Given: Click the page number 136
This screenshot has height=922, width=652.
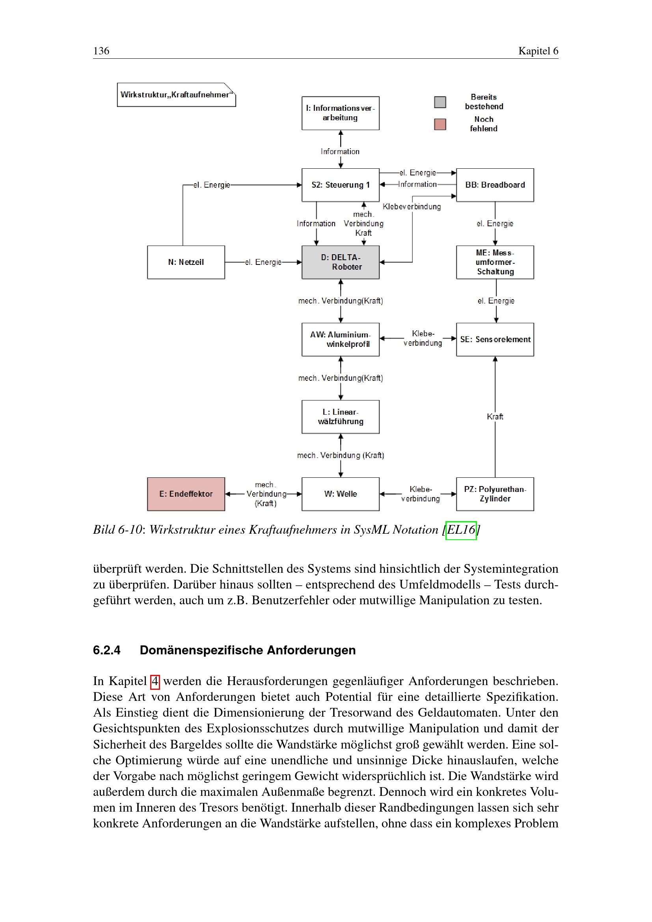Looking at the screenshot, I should click(x=101, y=51).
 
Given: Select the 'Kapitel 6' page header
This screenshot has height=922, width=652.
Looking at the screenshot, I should click(x=538, y=51).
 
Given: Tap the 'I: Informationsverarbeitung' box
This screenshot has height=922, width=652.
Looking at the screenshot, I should click(x=341, y=113).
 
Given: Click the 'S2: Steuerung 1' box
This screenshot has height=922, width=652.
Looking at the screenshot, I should click(x=341, y=185).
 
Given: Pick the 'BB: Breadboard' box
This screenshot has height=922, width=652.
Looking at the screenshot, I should click(x=495, y=185).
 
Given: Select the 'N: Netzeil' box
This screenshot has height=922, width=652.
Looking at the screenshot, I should click(x=186, y=262).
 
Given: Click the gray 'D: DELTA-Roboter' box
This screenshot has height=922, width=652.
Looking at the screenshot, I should click(x=341, y=262).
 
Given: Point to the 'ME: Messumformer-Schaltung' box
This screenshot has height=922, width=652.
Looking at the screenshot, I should click(x=495, y=262).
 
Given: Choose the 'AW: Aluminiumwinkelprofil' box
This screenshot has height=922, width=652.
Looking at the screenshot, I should click(x=341, y=339).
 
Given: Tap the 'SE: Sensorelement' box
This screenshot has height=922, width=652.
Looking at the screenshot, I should click(x=495, y=339).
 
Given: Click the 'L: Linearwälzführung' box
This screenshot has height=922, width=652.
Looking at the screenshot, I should click(x=341, y=417).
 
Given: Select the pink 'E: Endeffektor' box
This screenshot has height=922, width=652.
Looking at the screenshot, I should click(x=186, y=494).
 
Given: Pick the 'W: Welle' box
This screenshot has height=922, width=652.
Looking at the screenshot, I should click(x=341, y=494).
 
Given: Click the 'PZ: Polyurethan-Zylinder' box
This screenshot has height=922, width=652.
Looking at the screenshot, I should click(x=495, y=494).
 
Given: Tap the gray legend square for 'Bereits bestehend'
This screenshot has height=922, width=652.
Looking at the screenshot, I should click(x=440, y=102).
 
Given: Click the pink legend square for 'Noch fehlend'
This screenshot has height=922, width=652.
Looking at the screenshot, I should click(x=440, y=125).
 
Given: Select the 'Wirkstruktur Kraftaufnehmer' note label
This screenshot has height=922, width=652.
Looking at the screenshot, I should click(x=176, y=95).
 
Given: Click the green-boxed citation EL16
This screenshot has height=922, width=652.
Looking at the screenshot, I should click(x=461, y=530).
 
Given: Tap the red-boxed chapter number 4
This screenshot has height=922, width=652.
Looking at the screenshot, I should click(x=155, y=682).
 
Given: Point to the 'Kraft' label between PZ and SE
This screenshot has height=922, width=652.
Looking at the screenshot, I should click(x=495, y=417).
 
